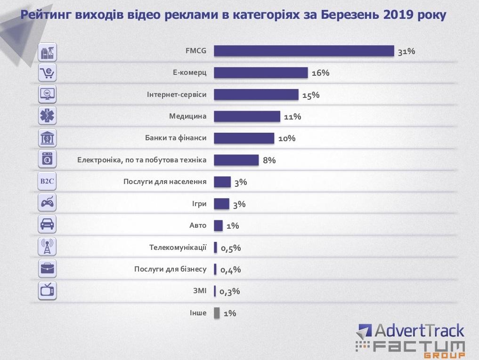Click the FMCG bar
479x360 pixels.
click(x=304, y=51)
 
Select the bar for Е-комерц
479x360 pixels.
click(x=261, y=72)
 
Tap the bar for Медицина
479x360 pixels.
click(x=247, y=116)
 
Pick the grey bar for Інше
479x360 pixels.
click(x=217, y=313)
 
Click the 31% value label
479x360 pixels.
click(x=406, y=51)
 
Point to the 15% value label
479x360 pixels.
click(x=311, y=95)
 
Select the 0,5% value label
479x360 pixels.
click(x=231, y=248)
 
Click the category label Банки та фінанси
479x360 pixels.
click(x=176, y=138)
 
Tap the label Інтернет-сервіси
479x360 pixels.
click(x=177, y=95)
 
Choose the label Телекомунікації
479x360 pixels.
click(x=178, y=248)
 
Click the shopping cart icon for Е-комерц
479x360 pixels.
click(x=47, y=72)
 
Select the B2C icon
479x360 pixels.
click(x=47, y=181)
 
